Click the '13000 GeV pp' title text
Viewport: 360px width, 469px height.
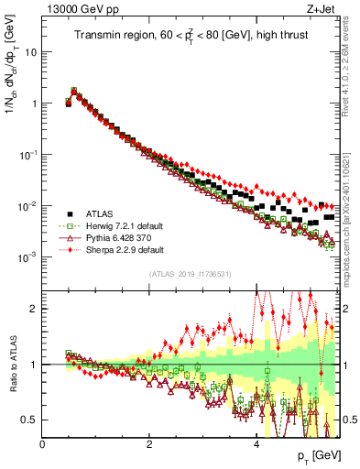point(79,11)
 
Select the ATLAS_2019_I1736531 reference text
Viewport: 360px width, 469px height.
point(190,274)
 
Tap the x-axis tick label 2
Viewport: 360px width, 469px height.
point(149,445)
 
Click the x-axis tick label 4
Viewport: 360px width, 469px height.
point(256,445)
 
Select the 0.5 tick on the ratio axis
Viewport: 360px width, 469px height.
point(31,420)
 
